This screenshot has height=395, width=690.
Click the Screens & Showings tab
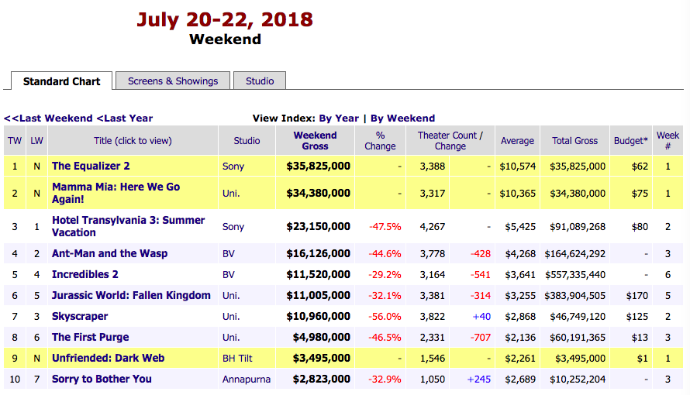173,81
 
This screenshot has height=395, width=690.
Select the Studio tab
260,81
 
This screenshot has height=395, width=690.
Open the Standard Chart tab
61,81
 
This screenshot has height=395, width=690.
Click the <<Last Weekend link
48,118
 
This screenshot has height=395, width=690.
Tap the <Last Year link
124,118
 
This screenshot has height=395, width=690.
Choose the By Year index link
339,118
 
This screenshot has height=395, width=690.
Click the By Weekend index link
402,118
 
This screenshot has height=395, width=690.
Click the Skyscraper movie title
80,316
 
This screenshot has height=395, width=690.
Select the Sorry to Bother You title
102,379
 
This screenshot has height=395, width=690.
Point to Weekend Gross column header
315,140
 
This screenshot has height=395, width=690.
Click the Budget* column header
630,141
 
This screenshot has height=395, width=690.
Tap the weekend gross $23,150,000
318,226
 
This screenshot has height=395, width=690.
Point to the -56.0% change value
385,317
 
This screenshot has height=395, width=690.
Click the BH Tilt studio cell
238,359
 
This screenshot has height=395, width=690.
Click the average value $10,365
516,194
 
